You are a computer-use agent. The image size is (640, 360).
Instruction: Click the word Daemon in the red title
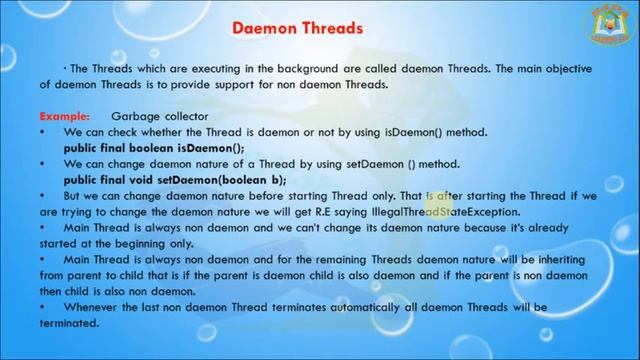click(x=264, y=28)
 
